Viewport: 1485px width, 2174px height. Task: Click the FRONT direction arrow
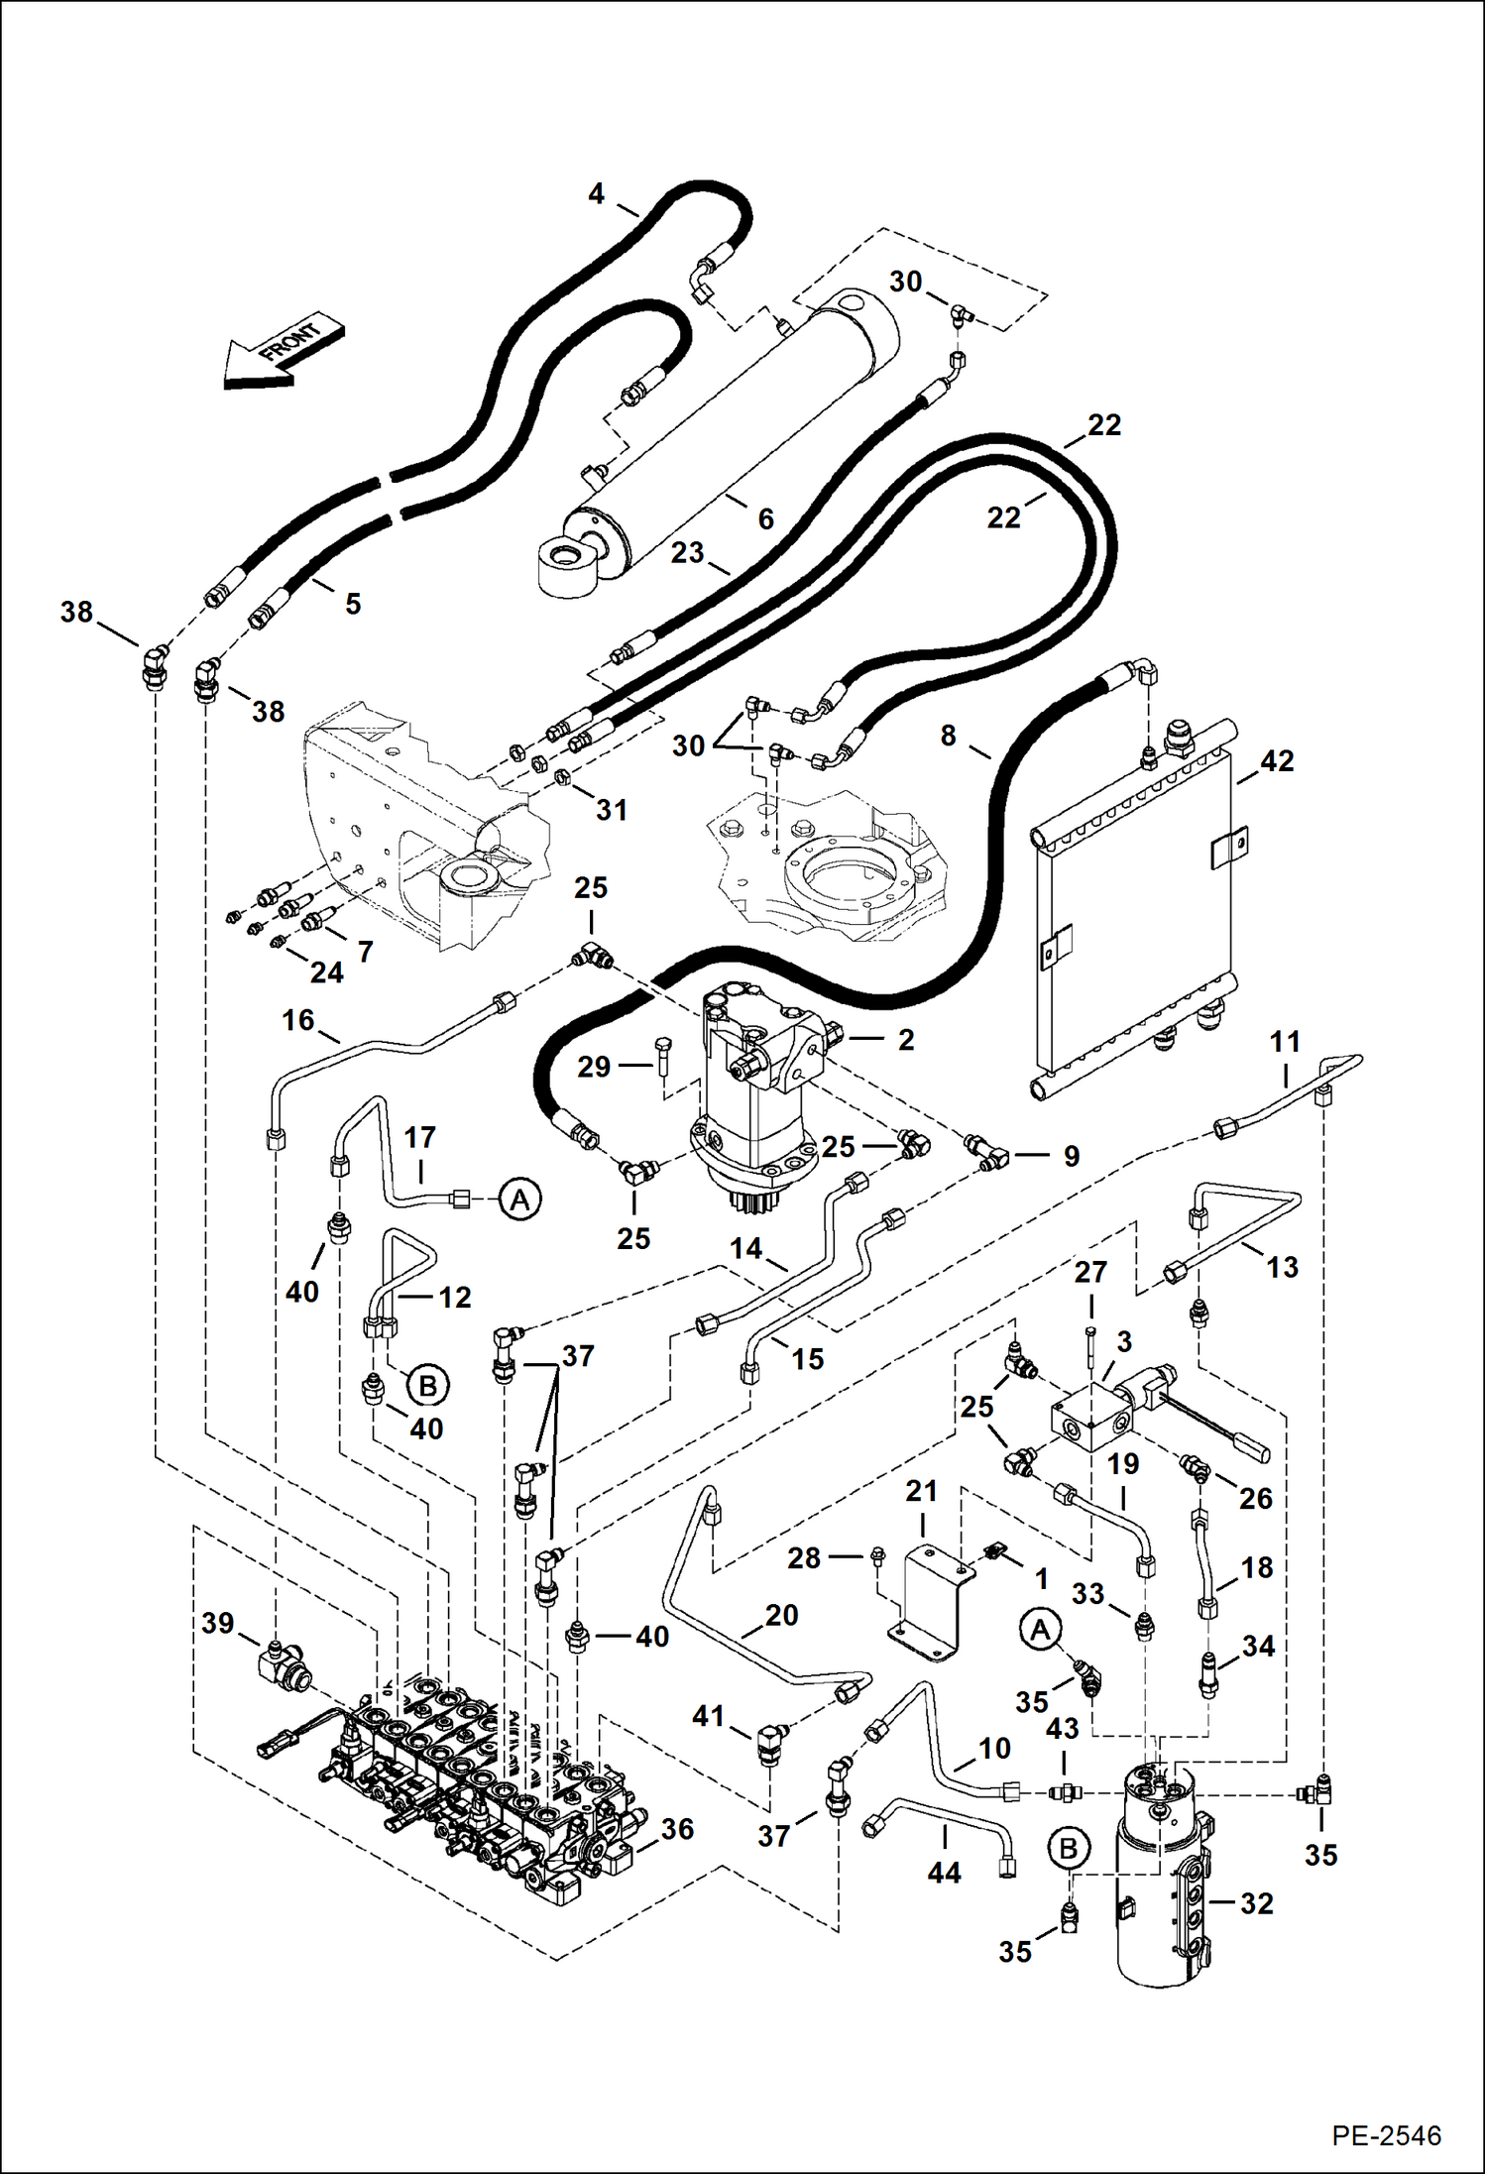[282, 354]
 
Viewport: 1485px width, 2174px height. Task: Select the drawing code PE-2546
[1386, 2135]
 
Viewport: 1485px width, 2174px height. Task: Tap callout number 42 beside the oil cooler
[1277, 760]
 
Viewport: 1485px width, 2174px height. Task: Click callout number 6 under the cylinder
[765, 518]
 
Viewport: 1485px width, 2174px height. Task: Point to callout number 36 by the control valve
[677, 1829]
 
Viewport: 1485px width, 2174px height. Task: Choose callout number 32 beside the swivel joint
[1256, 1903]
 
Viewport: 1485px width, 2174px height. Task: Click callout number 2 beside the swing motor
[905, 1039]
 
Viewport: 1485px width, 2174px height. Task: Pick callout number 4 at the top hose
[596, 193]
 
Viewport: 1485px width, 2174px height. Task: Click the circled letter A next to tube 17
[519, 1200]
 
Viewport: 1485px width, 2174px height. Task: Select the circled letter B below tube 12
[428, 1385]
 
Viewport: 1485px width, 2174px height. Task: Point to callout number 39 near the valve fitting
[217, 1623]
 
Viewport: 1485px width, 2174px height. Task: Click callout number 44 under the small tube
[944, 1873]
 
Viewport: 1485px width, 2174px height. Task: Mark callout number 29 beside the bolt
[594, 1067]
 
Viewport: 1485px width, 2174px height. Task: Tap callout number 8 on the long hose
[948, 736]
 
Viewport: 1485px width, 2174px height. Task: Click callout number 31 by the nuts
[612, 810]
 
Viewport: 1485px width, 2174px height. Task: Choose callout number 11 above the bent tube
[1285, 1042]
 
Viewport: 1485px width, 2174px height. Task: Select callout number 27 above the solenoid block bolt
[1090, 1272]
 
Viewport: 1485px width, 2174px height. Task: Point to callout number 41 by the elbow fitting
[708, 1715]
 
